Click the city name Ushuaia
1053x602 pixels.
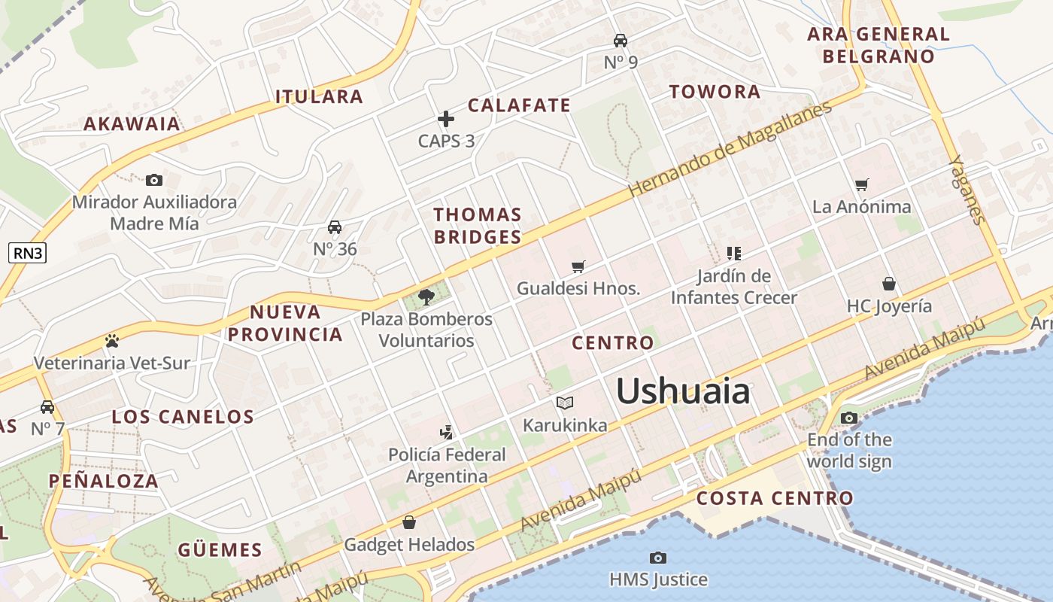[x=683, y=391]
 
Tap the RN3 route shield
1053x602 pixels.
[x=28, y=253]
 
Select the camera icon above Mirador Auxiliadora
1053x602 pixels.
[x=154, y=180]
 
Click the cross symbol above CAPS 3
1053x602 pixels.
[x=446, y=119]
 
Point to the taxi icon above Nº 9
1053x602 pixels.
[x=621, y=40]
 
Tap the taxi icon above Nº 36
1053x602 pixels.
[x=335, y=227]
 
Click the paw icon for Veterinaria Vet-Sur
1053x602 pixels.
[x=112, y=341]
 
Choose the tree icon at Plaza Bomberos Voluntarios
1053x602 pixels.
[x=426, y=296]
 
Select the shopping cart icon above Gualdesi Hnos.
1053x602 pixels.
[x=578, y=266]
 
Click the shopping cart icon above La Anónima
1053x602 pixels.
[x=862, y=184]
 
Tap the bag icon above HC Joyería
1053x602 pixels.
[x=889, y=284]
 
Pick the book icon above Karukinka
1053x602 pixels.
[x=565, y=403]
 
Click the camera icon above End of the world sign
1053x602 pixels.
[x=849, y=418]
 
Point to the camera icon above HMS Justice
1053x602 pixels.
[x=658, y=558]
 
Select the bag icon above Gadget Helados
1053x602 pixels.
[x=409, y=521]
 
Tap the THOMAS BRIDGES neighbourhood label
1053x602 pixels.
[x=478, y=226]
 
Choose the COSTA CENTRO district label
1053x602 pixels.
[x=775, y=498]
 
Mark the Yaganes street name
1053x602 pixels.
[x=966, y=190]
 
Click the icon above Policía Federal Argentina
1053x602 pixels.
[x=447, y=432]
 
